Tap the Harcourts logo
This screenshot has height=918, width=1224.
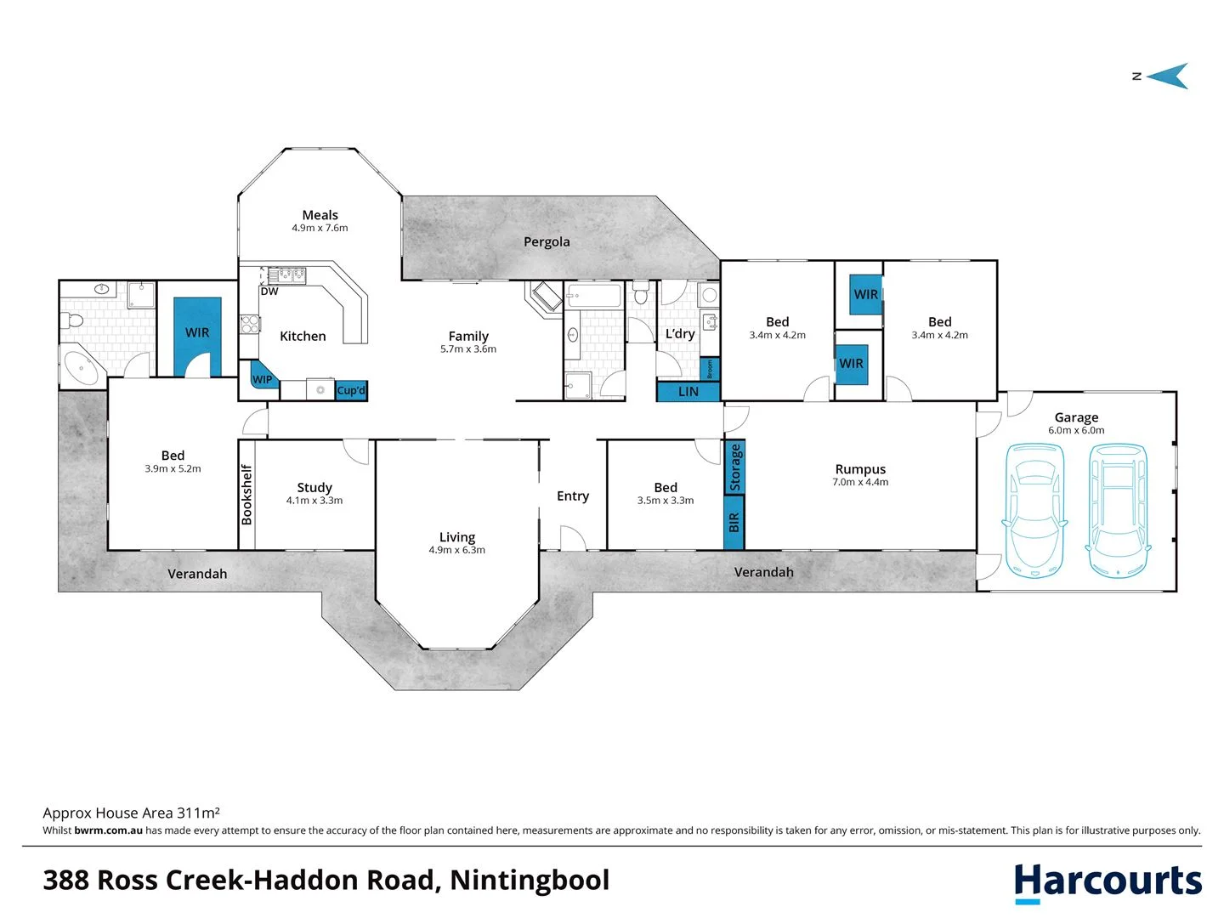click(x=1108, y=882)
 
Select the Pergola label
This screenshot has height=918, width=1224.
click(x=547, y=242)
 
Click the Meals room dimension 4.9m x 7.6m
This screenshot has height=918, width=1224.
click(x=320, y=228)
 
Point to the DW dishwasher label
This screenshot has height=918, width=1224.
click(x=269, y=292)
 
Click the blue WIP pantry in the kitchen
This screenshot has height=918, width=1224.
click(x=262, y=377)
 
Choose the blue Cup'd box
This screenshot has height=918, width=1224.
click(x=351, y=391)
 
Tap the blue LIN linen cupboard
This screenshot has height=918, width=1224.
click(x=688, y=392)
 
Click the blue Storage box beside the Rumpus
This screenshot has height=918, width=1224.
click(x=735, y=467)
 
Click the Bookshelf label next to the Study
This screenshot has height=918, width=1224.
click(x=246, y=494)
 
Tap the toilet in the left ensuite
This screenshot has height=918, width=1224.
click(x=71, y=320)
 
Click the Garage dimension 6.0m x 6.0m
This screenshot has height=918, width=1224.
click(x=1076, y=431)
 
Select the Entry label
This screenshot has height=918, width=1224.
click(x=573, y=496)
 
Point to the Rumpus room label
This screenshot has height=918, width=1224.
click(x=860, y=469)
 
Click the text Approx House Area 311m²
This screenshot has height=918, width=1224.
click(x=132, y=813)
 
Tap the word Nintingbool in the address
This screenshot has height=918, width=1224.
click(x=530, y=881)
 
